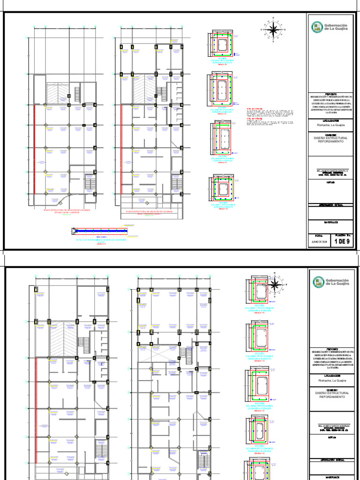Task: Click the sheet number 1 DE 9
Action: click(x=342, y=242)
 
